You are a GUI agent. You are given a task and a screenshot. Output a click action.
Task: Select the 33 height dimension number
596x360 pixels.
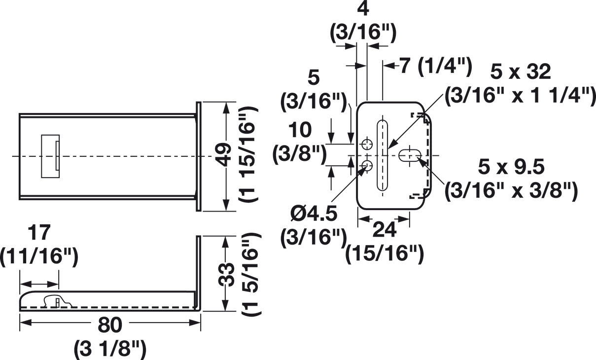(226, 274)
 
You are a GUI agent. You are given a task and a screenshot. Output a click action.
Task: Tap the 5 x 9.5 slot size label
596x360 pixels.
(511, 168)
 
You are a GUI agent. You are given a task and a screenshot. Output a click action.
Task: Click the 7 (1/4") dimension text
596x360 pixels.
(435, 66)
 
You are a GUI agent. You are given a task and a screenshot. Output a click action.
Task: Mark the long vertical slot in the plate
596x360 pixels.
(383, 155)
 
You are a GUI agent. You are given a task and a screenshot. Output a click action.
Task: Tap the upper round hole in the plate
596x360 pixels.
(367, 144)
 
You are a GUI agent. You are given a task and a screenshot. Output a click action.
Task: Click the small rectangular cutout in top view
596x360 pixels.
(50, 156)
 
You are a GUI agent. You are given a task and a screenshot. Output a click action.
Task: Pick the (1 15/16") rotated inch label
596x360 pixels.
(249, 157)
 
